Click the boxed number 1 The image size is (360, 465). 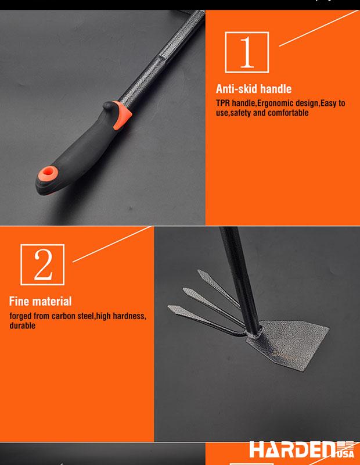click(x=247, y=52)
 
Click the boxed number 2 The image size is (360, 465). click(x=43, y=264)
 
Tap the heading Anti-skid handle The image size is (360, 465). click(x=254, y=89)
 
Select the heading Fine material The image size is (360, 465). click(x=41, y=301)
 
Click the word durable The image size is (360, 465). click(x=22, y=326)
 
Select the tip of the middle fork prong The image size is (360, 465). click(x=184, y=289)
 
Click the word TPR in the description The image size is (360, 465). click(x=223, y=103)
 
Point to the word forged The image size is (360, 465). click(x=21, y=316)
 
